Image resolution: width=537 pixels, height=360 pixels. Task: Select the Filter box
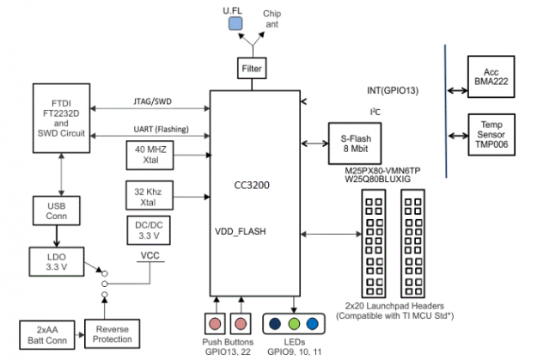253,67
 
